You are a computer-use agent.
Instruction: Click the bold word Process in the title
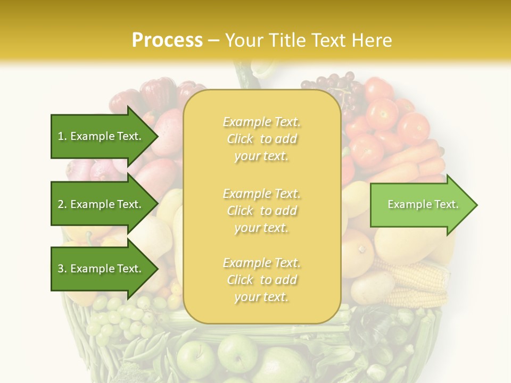click(167, 40)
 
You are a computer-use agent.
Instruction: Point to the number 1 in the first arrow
click(61, 136)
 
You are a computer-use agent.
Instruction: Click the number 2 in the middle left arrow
click(61, 204)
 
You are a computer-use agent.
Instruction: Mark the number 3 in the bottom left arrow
click(61, 269)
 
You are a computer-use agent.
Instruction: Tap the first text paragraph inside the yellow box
click(261, 139)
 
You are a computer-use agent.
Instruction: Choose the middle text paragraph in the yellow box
click(261, 211)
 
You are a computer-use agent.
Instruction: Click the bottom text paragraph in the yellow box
click(261, 280)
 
